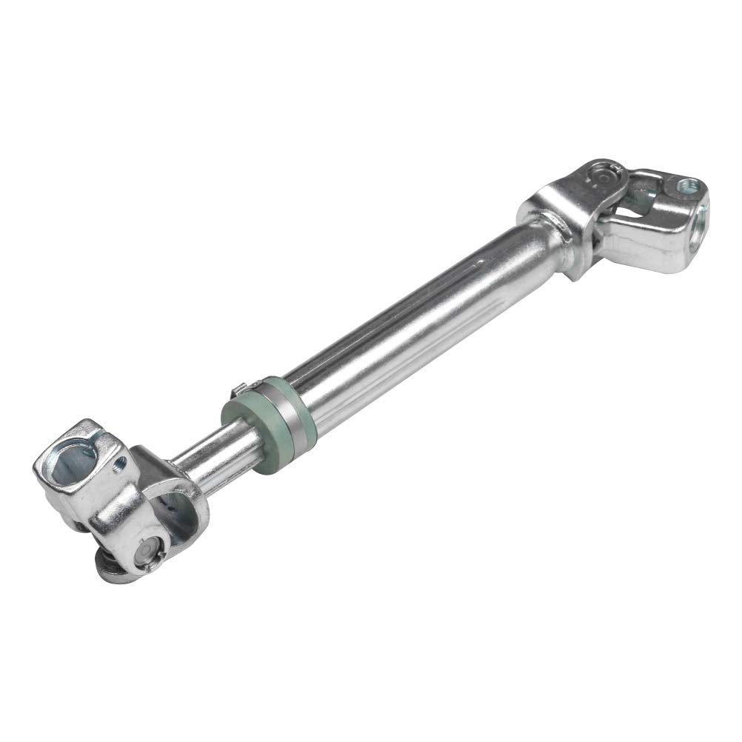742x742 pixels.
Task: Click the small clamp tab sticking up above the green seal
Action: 236,388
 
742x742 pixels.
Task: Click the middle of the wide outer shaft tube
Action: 415,326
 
